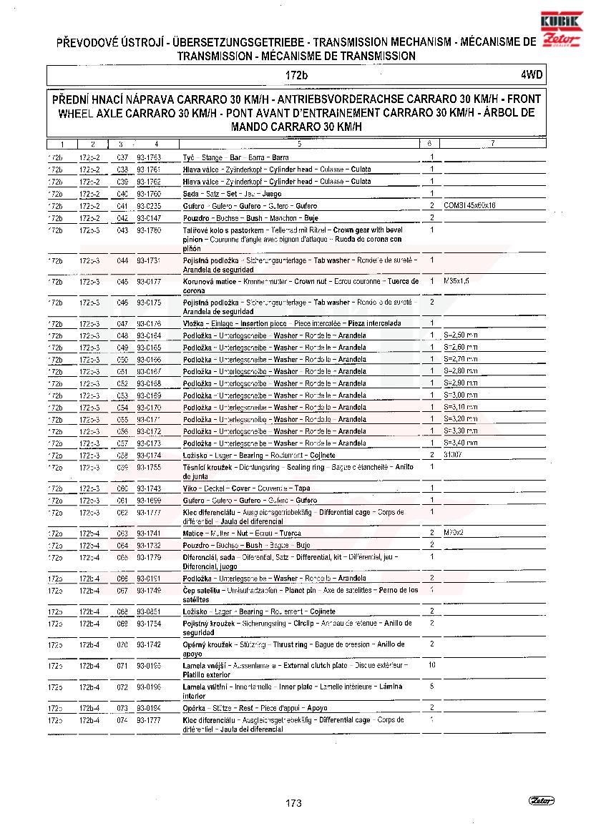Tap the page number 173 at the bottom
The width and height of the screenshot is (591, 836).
click(293, 803)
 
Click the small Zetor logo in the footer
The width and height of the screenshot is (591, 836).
click(542, 800)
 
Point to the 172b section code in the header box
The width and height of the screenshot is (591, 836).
click(295, 75)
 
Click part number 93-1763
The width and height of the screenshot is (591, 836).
click(149, 157)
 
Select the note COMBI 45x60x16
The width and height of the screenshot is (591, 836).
click(469, 206)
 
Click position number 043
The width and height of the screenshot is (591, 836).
click(122, 230)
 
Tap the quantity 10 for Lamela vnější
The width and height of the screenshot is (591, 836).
click(431, 665)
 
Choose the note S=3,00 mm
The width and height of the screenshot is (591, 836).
click(460, 395)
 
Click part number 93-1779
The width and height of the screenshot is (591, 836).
click(149, 556)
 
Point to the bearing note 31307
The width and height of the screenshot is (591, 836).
click(451, 455)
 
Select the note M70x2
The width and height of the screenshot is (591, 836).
click(454, 533)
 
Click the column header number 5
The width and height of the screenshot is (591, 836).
click(298, 144)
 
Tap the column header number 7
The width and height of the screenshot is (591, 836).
click(492, 144)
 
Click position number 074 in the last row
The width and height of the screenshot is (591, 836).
click(122, 720)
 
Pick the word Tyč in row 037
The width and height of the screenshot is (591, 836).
click(189, 157)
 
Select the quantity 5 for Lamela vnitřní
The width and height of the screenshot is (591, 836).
click(431, 687)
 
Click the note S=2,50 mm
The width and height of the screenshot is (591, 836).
click(460, 335)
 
